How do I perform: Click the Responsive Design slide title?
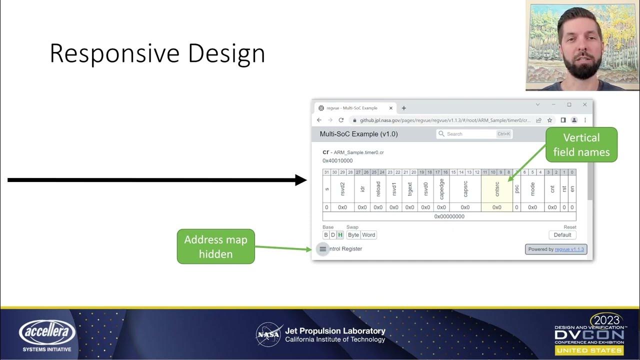(x=157, y=53)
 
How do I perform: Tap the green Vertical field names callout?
(x=581, y=144)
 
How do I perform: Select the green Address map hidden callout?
(x=215, y=246)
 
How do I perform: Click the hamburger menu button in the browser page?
(x=322, y=249)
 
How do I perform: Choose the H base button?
(x=340, y=235)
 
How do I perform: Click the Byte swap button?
(x=353, y=235)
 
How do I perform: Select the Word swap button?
(x=368, y=235)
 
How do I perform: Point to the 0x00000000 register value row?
(x=449, y=216)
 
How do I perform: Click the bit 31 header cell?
(x=326, y=172)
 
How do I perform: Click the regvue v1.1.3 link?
(x=569, y=249)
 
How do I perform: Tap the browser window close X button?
(x=584, y=105)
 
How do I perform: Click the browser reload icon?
(x=341, y=120)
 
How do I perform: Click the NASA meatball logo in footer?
(x=269, y=334)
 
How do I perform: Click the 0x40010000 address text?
(x=337, y=161)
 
